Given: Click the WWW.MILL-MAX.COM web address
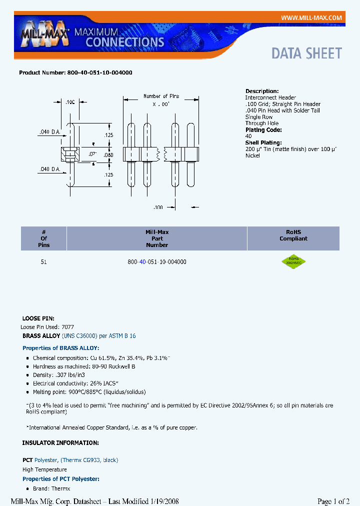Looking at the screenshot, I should tap(311, 18).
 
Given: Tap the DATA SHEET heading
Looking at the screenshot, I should tap(306, 53).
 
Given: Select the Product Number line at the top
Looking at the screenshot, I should tap(75, 72).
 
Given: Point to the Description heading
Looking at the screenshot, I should tap(262, 91).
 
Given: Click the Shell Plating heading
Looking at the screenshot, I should tap(263, 143).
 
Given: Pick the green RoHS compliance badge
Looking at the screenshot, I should tap(293, 261).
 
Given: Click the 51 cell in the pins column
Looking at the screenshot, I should tap(44, 262).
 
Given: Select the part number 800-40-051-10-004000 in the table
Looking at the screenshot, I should tap(157, 262).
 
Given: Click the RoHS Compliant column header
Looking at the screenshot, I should tap(293, 235).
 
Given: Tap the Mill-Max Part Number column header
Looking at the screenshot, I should tap(157, 238).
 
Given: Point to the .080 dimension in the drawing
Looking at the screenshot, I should tap(108, 155).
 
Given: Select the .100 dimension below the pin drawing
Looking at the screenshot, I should tap(158, 206).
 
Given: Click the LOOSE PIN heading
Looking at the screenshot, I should tap(38, 318).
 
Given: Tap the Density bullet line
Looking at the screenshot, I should tap(59, 375).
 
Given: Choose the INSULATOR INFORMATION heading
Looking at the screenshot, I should tap(60, 443).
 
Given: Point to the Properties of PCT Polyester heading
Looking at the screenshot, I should tap(61, 479).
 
